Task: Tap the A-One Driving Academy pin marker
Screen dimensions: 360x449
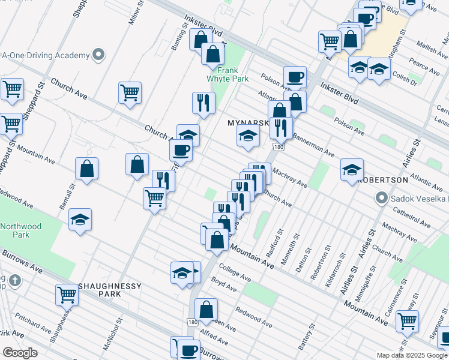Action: [x=98, y=55]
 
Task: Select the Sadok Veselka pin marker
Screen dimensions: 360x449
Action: [x=381, y=198]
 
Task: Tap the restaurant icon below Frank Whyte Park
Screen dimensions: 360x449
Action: [x=203, y=103]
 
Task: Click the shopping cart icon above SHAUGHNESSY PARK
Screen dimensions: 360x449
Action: [x=67, y=294]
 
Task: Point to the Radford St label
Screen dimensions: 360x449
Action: [x=279, y=241]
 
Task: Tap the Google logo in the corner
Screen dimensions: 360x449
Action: [x=20, y=353]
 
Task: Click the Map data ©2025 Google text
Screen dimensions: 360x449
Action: [x=412, y=355]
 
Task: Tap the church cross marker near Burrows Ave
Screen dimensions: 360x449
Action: [x=15, y=280]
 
